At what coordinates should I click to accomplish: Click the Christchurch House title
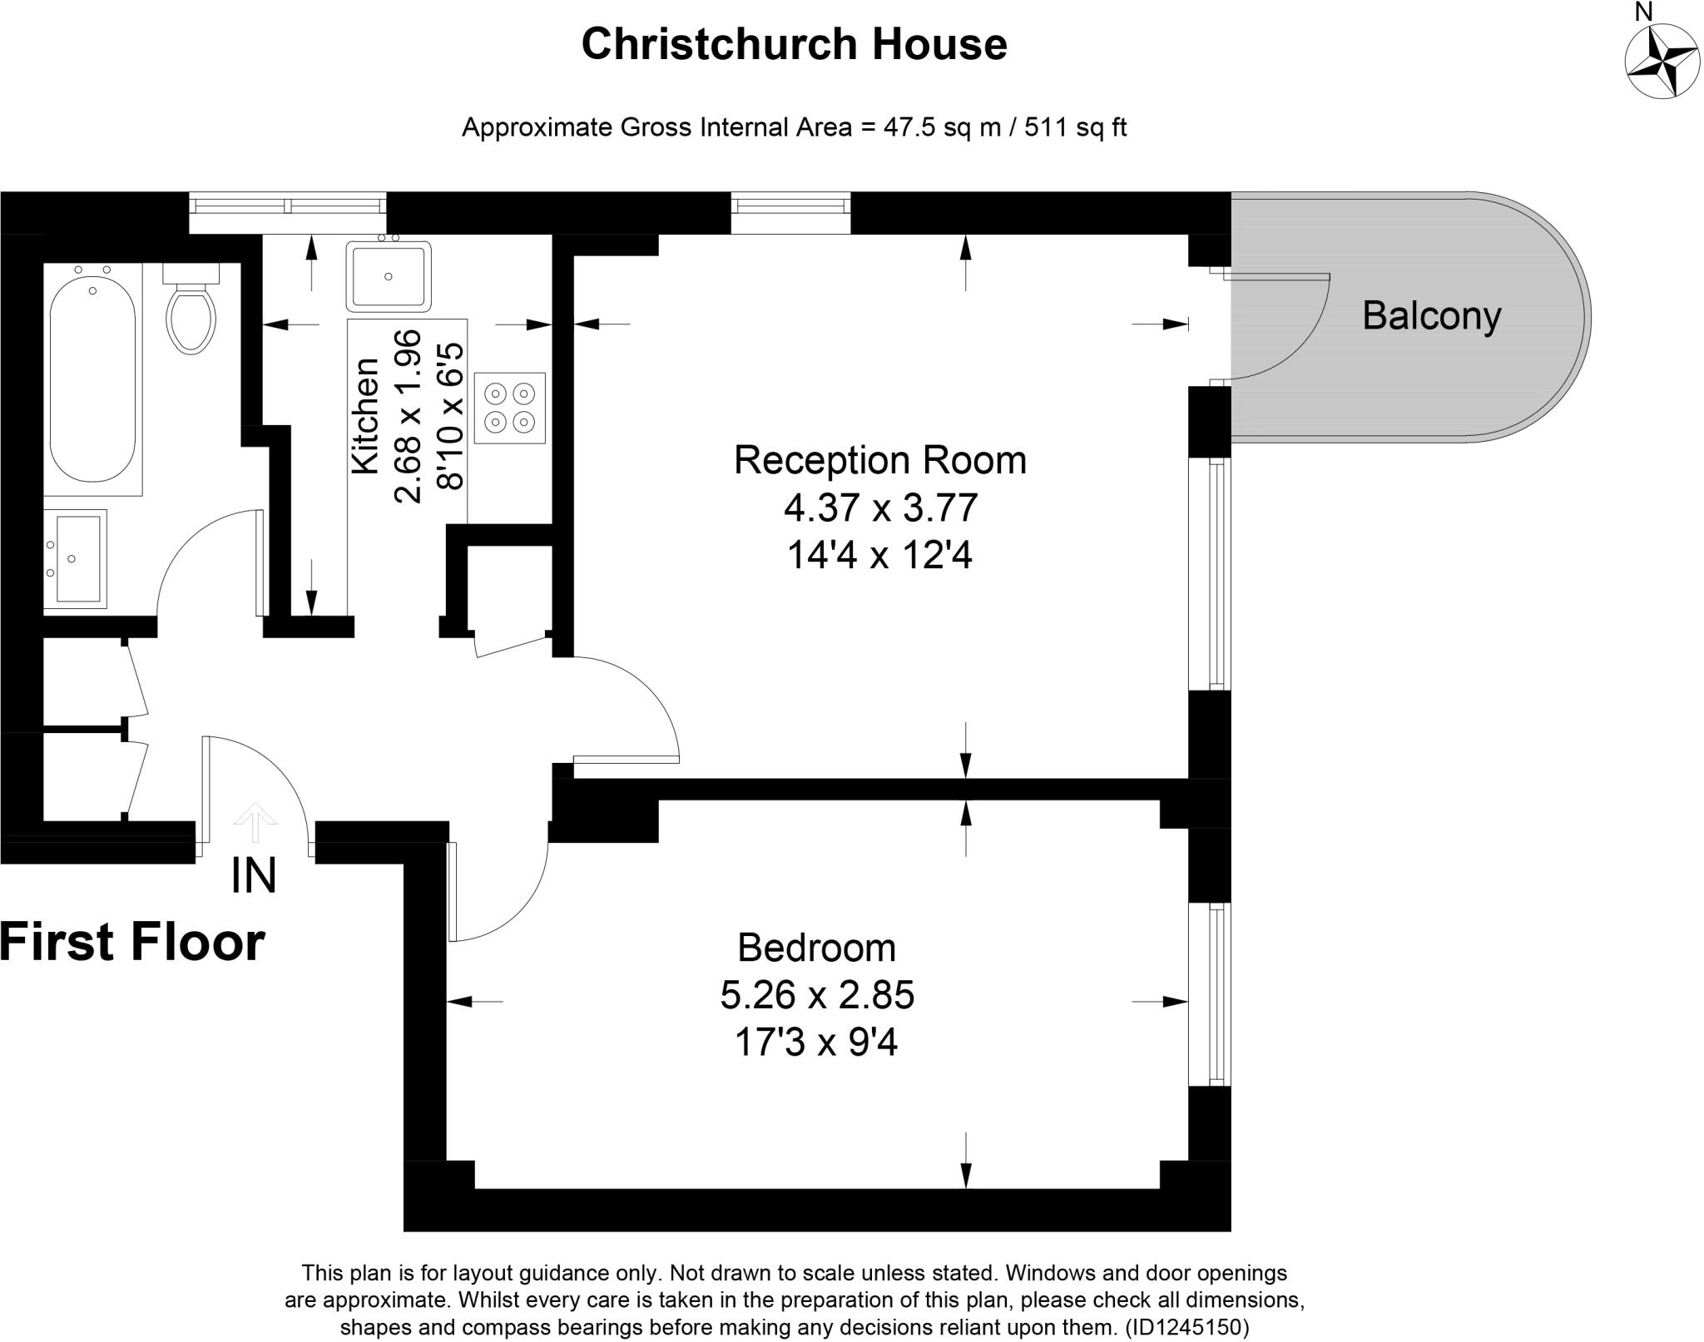point(794,45)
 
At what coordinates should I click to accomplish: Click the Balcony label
point(1431,316)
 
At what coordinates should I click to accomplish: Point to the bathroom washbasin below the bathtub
point(75,558)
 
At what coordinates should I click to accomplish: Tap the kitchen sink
point(389,275)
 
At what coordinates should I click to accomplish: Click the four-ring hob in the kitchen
point(509,408)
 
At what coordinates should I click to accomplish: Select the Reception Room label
point(879,460)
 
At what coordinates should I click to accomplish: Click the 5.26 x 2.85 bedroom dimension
point(817,995)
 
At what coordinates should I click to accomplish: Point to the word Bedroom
point(816,948)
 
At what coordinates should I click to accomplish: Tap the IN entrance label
point(253,875)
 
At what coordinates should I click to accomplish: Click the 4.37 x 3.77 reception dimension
point(879,508)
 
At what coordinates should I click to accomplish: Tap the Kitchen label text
point(365,416)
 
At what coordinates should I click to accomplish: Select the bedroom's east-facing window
point(1216,994)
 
